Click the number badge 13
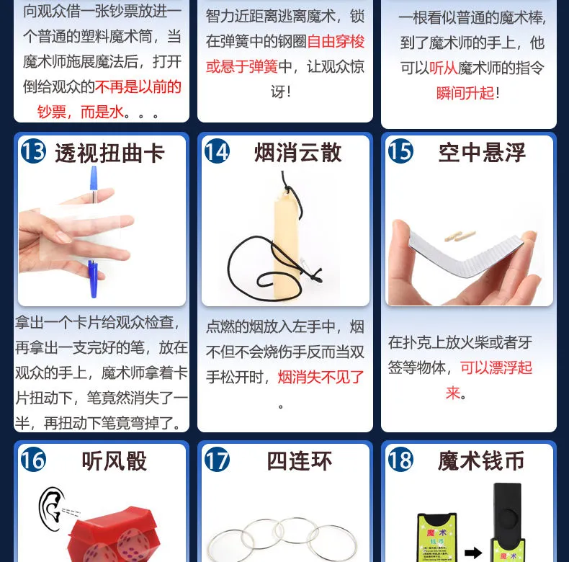click(33, 151)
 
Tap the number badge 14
click(217, 151)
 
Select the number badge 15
click(400, 151)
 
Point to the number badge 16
click(33, 460)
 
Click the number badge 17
click(217, 460)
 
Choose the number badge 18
click(400, 460)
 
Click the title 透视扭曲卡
click(110, 153)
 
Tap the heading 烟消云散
click(298, 152)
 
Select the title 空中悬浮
click(482, 153)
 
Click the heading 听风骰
click(115, 461)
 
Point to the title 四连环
click(300, 461)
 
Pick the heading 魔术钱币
click(481, 461)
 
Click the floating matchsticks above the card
click(460, 236)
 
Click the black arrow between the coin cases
click(473, 553)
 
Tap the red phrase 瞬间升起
click(465, 93)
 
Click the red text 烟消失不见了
click(321, 378)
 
